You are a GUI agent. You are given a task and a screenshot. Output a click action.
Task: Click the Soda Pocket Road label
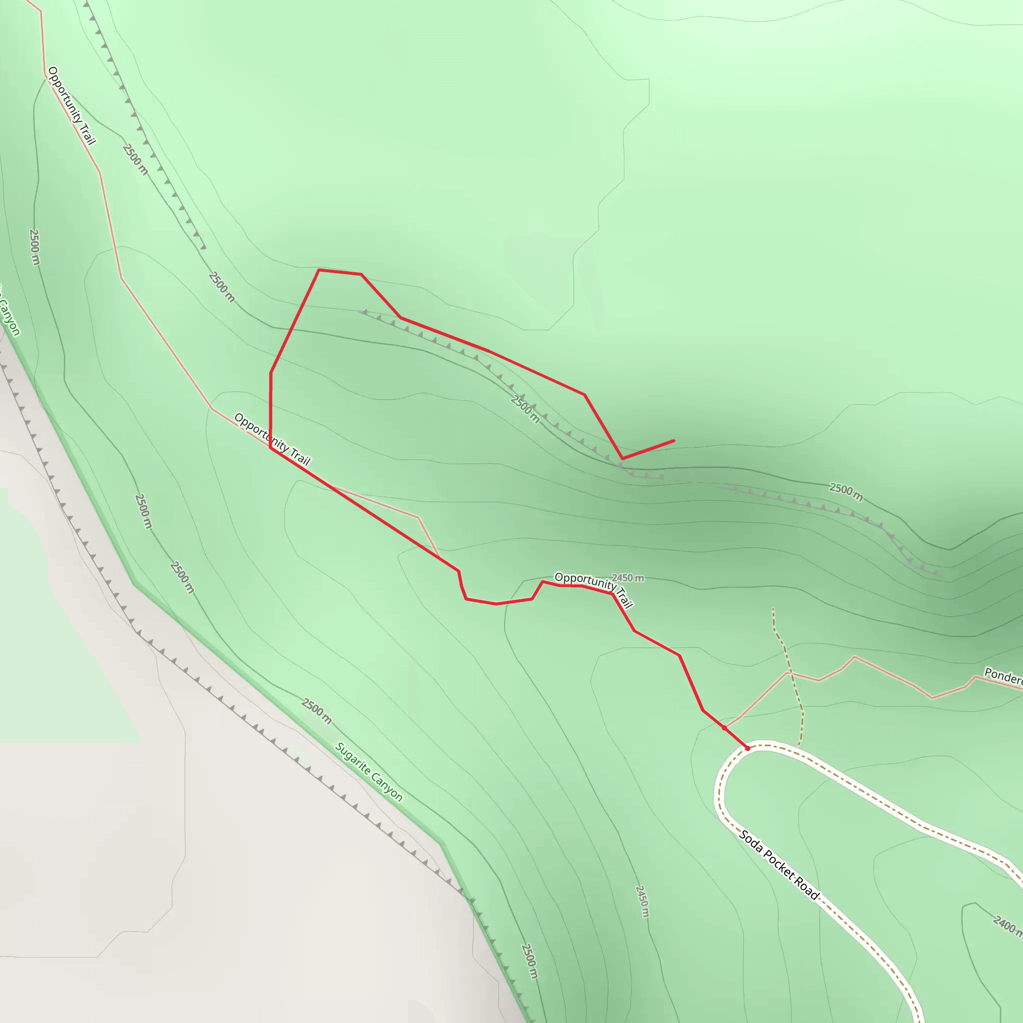(779, 865)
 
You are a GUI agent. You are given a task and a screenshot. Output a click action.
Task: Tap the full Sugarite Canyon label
(369, 773)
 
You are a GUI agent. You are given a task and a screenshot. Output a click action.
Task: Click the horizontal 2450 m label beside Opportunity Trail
(628, 578)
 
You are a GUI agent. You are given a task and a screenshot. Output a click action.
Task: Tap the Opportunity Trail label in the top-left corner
(71, 105)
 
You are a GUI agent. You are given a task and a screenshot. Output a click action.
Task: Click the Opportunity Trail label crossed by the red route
(272, 439)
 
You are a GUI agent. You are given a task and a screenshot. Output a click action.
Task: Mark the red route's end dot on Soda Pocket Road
(748, 748)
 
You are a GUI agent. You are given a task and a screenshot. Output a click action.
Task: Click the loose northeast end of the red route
(673, 441)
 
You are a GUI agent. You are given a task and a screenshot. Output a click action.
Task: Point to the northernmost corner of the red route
(319, 270)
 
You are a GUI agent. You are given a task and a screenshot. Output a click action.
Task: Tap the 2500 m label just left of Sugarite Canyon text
(317, 711)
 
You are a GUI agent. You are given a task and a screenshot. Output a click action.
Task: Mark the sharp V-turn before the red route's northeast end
(622, 459)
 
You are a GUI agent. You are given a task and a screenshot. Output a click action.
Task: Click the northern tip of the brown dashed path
(773, 609)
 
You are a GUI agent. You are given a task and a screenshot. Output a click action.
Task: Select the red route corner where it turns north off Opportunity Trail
(271, 448)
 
